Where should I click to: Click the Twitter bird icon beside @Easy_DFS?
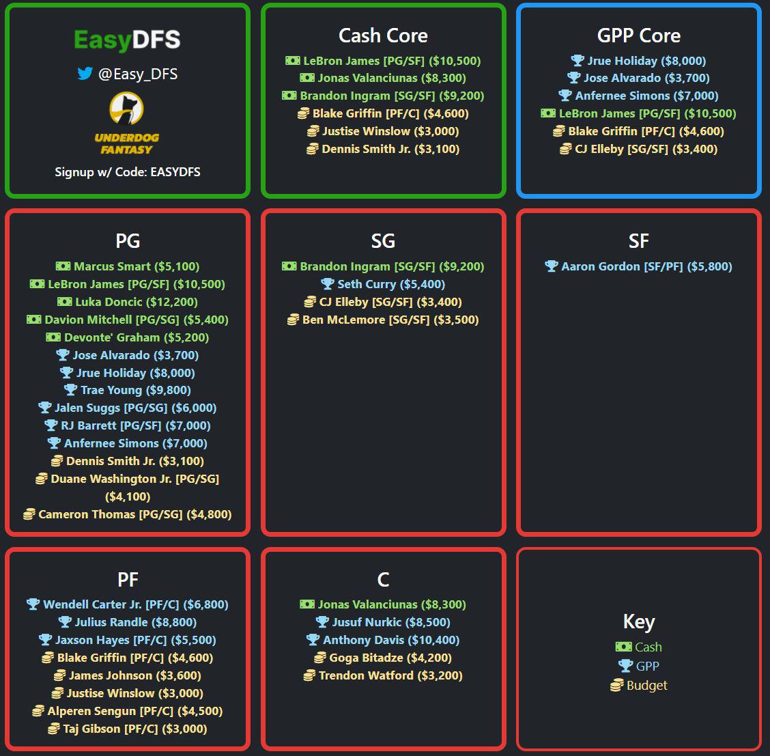pyautogui.click(x=85, y=74)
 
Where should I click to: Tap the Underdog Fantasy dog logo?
pyautogui.click(x=127, y=109)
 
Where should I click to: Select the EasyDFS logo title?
pyautogui.click(x=127, y=40)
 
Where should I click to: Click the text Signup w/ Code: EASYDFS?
pyautogui.click(x=128, y=171)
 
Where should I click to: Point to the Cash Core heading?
pyautogui.click(x=383, y=36)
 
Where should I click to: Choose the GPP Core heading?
pyautogui.click(x=638, y=36)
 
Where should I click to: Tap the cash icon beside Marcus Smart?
pyautogui.click(x=63, y=266)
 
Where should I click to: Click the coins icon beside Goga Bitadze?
pyautogui.click(x=320, y=658)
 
